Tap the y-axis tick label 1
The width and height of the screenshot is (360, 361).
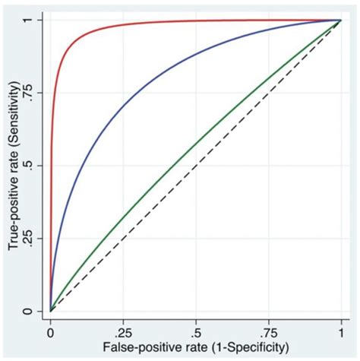28,20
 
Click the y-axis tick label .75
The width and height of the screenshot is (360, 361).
27,93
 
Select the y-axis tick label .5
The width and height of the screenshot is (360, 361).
28,166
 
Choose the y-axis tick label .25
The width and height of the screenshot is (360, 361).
27,239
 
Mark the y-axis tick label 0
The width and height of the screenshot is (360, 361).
28,312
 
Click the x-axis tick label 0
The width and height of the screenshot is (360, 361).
50,331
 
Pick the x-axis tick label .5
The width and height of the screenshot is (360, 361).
196,331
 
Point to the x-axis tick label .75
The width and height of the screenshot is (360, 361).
267,331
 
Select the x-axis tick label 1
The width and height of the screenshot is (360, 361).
340,331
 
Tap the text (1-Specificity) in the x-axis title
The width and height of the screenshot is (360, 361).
248,347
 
